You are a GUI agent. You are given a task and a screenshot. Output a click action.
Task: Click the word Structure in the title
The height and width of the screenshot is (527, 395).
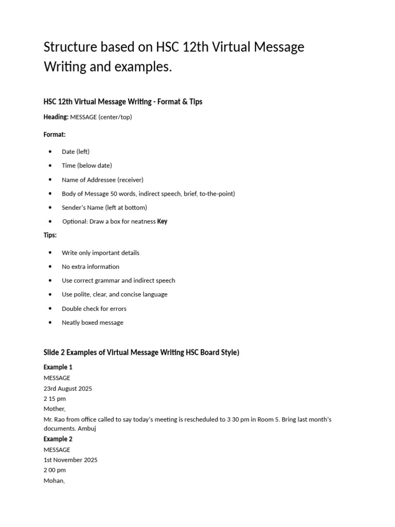(x=70, y=47)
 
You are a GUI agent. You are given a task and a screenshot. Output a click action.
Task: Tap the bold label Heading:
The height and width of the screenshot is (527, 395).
(x=56, y=117)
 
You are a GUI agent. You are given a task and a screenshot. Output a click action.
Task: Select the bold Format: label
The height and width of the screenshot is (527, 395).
(x=55, y=134)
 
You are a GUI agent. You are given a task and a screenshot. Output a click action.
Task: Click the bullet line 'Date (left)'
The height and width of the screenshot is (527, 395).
(x=76, y=151)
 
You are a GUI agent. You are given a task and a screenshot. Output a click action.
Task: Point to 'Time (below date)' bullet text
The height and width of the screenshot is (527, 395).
(x=87, y=165)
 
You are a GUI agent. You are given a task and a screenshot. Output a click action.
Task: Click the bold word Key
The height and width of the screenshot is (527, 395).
(x=162, y=221)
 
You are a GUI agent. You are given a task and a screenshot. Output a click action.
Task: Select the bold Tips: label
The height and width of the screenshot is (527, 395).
(x=50, y=235)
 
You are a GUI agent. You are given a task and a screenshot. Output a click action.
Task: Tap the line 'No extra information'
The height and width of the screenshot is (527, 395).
(x=91, y=267)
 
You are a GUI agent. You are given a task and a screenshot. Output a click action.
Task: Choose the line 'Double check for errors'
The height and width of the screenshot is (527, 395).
(x=94, y=308)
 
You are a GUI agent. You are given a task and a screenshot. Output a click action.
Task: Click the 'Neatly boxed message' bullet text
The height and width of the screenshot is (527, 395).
(x=93, y=322)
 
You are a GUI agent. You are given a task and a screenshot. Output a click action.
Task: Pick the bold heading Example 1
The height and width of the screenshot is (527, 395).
(x=58, y=367)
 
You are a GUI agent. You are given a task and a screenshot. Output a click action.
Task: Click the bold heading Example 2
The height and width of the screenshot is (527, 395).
(x=58, y=439)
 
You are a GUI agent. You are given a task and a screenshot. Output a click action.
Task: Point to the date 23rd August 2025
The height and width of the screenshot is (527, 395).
(x=68, y=389)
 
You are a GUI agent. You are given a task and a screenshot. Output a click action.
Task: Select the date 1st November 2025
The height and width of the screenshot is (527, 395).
(x=70, y=460)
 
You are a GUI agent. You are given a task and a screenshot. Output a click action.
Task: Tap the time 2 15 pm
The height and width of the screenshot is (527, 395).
(x=55, y=399)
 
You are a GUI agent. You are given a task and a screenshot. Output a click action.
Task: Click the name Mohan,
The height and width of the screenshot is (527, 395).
(x=55, y=481)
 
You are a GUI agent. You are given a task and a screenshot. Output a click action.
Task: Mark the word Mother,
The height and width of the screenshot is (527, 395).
(x=55, y=409)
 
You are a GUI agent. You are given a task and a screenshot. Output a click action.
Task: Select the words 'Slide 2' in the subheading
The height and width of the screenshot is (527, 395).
(x=56, y=353)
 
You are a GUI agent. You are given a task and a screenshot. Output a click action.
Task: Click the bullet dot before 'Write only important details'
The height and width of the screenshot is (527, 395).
(x=50, y=253)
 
